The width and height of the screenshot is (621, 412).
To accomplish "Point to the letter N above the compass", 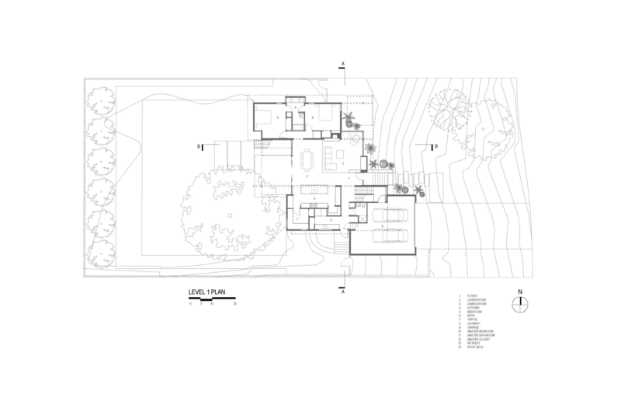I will [x=522, y=292].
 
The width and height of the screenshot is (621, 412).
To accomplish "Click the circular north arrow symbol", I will [x=522, y=304].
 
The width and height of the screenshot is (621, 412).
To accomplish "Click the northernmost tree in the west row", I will [x=99, y=101].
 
